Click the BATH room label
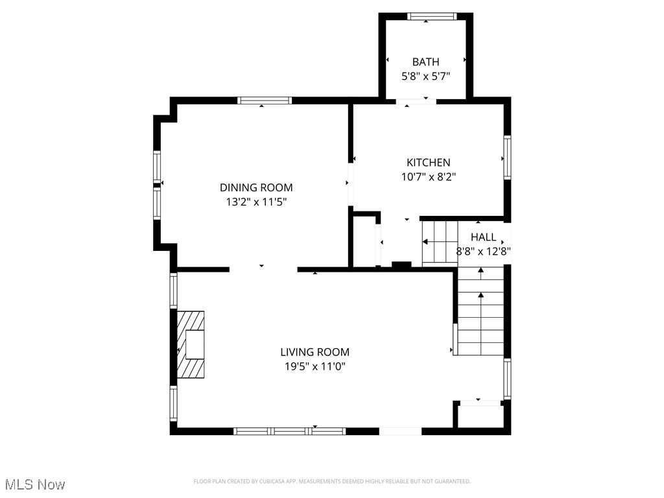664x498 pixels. (x=425, y=62)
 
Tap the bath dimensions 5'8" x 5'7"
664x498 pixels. (x=425, y=76)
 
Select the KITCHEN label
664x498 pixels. (x=428, y=162)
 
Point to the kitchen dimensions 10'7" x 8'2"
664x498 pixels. (x=428, y=176)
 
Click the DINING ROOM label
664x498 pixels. (x=252, y=187)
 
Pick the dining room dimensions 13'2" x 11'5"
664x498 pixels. (x=252, y=202)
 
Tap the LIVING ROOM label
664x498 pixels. (x=314, y=352)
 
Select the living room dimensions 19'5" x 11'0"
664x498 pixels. (x=314, y=366)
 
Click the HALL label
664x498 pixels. (x=483, y=237)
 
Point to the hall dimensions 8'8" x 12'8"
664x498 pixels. (x=483, y=252)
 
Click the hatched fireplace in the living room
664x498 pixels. (x=191, y=344)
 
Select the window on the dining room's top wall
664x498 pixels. (x=265, y=101)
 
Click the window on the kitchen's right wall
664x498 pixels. (x=507, y=158)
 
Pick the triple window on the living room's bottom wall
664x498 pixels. (x=289, y=431)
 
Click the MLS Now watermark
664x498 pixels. (x=35, y=484)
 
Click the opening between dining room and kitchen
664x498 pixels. (x=350, y=184)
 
